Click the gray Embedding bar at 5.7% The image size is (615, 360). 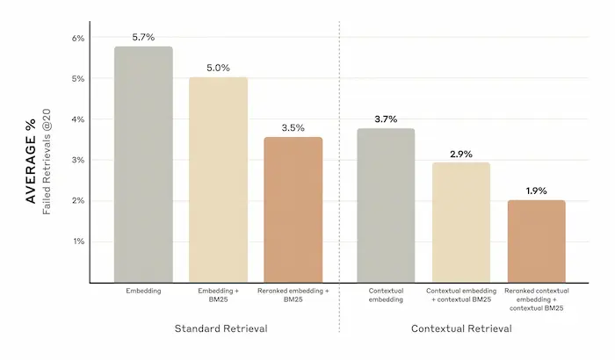click(x=143, y=164)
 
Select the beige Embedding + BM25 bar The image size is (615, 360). click(x=218, y=180)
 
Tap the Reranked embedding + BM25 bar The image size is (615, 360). click(x=293, y=210)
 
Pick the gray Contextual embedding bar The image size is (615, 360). click(x=386, y=205)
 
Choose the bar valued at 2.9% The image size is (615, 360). click(x=461, y=222)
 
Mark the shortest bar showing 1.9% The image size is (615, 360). click(x=536, y=241)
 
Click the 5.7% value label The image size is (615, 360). click(x=143, y=37)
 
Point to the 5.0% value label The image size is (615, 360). click(x=218, y=68)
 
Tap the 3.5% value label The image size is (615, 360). click(x=293, y=128)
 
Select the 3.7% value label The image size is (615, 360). click(x=386, y=119)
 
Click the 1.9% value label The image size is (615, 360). click(x=536, y=191)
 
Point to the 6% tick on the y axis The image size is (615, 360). click(x=78, y=38)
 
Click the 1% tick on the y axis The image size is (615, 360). click(x=78, y=241)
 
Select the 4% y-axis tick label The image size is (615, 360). click(x=78, y=119)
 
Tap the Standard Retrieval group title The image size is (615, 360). click(x=221, y=328)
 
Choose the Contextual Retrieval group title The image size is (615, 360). click(x=461, y=328)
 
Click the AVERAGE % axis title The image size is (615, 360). click(x=31, y=162)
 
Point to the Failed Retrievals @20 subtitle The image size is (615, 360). click(x=47, y=162)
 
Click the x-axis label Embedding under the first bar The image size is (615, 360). click(x=143, y=291)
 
